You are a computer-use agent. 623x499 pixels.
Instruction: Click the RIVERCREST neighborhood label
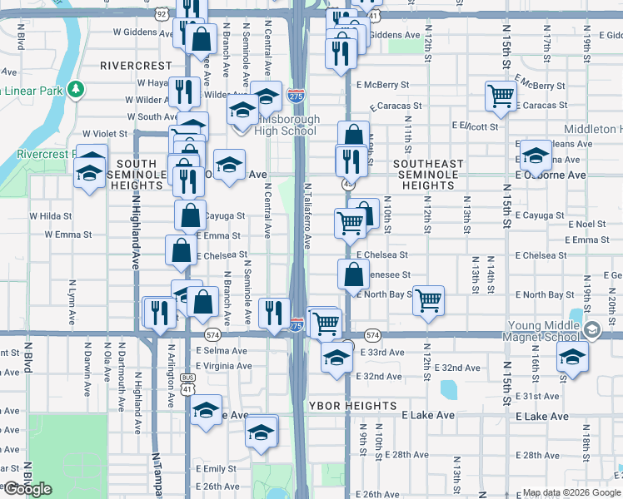(x=136, y=65)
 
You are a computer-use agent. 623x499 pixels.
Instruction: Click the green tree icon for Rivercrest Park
(x=76, y=87)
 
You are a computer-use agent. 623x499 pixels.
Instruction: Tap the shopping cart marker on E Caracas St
(x=501, y=96)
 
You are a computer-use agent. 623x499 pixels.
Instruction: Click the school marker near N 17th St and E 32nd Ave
(x=572, y=358)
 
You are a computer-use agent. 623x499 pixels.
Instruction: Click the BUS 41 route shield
(x=188, y=383)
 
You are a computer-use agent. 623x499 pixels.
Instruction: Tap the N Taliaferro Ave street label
(x=307, y=216)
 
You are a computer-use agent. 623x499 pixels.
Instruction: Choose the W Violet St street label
(x=103, y=133)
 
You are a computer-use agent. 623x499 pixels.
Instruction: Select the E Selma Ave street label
(x=222, y=351)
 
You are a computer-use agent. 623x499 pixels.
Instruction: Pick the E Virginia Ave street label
(x=225, y=366)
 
